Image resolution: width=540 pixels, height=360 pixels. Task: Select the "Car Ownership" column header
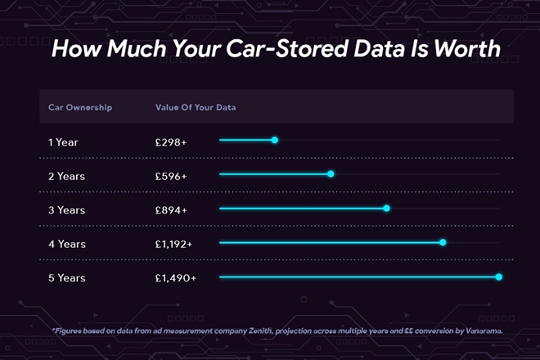click(x=80, y=107)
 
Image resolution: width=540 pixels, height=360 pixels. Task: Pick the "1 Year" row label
click(x=64, y=142)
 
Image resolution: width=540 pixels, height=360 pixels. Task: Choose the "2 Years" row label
click(x=66, y=176)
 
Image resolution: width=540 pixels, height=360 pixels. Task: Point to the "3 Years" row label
click(x=66, y=210)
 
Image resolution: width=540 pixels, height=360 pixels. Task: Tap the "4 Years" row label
click(x=66, y=244)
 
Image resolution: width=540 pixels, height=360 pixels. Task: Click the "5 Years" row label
click(x=66, y=278)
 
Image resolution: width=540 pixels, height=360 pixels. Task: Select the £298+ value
click(x=171, y=142)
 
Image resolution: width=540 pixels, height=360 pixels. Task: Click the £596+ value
click(x=171, y=176)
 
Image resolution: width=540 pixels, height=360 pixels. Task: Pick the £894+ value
click(x=171, y=210)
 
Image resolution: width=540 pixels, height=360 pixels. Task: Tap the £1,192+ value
click(x=174, y=244)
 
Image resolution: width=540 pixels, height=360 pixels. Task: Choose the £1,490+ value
click(x=175, y=278)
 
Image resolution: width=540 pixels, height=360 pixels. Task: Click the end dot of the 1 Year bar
click(x=275, y=140)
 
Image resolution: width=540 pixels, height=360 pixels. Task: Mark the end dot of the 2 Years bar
click(x=331, y=173)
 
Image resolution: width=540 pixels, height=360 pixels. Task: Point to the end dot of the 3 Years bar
click(x=386, y=208)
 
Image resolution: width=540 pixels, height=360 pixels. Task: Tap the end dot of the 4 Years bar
click(x=443, y=242)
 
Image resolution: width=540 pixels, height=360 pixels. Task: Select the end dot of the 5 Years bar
click(x=499, y=277)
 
